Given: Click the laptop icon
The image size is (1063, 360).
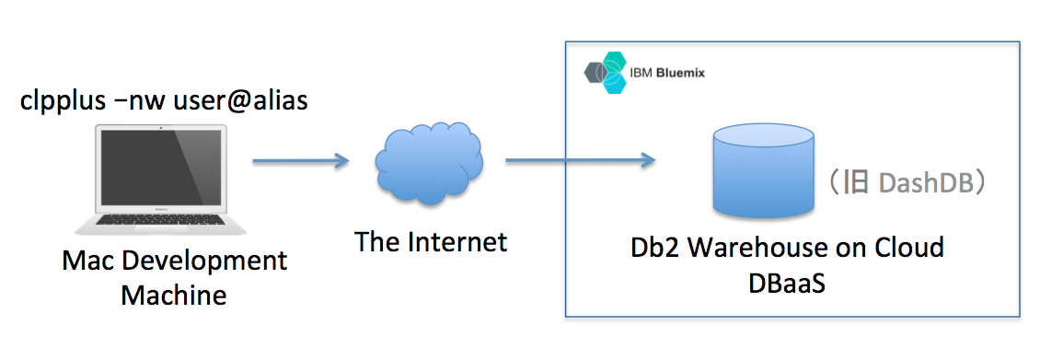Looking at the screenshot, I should (x=160, y=180).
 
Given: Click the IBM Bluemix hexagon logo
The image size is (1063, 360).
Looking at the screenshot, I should (x=607, y=73).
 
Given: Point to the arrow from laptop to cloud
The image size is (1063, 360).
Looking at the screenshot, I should (x=301, y=161).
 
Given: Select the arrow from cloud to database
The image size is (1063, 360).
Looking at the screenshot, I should (x=580, y=161).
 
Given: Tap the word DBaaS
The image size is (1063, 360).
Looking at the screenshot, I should (x=787, y=283).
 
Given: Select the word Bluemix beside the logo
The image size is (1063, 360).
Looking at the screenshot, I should (x=681, y=71).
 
